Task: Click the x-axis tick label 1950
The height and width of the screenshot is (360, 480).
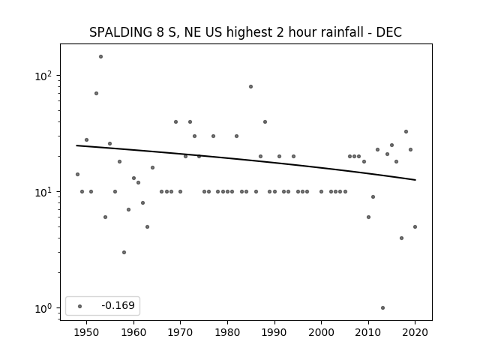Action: (87, 332)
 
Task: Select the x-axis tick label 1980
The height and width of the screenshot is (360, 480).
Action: (227, 332)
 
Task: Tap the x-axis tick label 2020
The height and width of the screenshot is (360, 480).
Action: (415, 332)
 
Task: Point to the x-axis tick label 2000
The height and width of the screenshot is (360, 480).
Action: (322, 332)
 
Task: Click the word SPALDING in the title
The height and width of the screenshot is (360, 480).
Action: (121, 32)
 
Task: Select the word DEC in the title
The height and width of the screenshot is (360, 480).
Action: (388, 32)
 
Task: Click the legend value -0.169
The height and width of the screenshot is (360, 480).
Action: (118, 305)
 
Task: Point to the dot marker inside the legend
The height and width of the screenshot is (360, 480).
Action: (80, 306)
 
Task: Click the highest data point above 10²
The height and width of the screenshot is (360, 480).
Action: (100, 57)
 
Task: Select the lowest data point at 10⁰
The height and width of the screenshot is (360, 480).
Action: (382, 308)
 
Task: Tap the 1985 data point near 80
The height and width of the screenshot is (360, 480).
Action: (250, 87)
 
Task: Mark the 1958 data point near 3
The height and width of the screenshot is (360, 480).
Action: (124, 252)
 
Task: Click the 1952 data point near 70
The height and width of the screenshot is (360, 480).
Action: (96, 93)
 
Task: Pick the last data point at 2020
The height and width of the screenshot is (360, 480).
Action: (415, 226)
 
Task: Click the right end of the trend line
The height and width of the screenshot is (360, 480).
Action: (415, 180)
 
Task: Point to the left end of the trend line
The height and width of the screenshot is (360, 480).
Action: (76, 145)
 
